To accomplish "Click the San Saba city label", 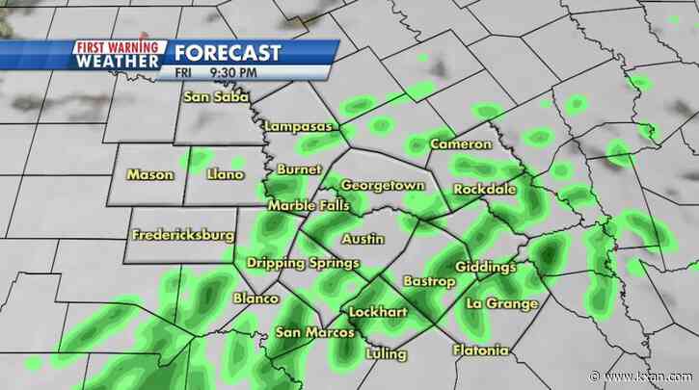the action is [x=217, y=96].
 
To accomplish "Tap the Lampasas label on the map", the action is [x=299, y=127].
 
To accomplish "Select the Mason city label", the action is [x=150, y=174].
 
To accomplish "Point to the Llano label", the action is [x=226, y=174].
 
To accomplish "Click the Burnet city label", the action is [x=293, y=169].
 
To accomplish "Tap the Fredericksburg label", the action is [x=183, y=235].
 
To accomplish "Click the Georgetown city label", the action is [x=383, y=183].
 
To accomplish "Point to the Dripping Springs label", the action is [x=303, y=263].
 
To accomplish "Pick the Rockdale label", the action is [x=485, y=189].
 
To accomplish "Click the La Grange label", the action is [x=501, y=303].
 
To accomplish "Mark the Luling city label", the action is [x=386, y=353].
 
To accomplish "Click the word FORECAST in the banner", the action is [x=229, y=53].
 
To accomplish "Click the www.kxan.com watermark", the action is [x=659, y=377].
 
